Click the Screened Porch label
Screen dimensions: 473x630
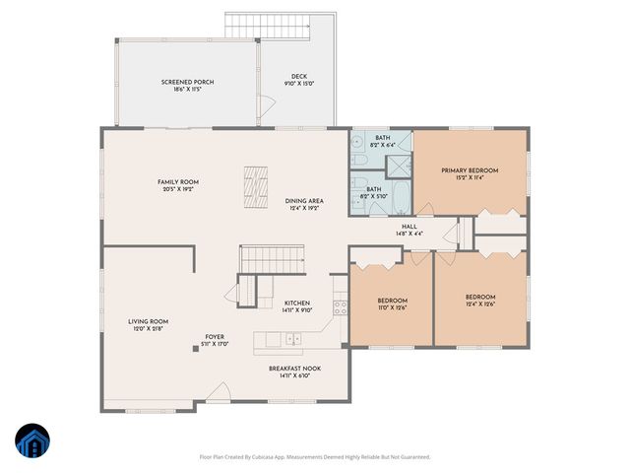click(x=188, y=82)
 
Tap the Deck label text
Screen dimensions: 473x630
click(x=299, y=77)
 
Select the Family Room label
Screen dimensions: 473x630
click(x=178, y=182)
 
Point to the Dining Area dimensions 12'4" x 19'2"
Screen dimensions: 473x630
click(x=304, y=208)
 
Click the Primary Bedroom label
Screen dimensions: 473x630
click(x=470, y=170)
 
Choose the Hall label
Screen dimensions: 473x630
click(x=409, y=225)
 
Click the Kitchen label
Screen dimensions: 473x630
click(x=297, y=303)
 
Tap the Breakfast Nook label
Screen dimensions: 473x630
click(x=294, y=369)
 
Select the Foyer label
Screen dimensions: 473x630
click(x=215, y=337)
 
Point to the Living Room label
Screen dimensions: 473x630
click(x=148, y=321)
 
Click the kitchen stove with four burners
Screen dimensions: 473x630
click(x=341, y=306)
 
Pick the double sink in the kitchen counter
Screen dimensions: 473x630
click(x=292, y=339)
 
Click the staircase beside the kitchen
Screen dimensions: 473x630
click(x=270, y=261)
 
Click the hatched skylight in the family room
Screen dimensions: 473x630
click(x=257, y=186)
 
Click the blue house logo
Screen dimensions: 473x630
click(x=32, y=440)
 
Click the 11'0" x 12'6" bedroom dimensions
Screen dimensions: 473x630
click(x=392, y=306)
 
